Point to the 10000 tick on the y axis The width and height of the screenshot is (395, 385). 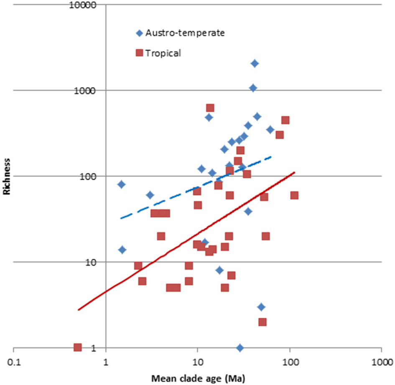pos(86,5)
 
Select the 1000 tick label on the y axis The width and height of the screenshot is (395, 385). pos(88,91)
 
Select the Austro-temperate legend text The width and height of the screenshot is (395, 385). pos(185,33)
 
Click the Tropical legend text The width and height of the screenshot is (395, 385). pos(163,53)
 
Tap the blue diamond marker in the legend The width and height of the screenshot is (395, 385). pos(139,33)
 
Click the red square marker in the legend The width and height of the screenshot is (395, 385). pos(139,53)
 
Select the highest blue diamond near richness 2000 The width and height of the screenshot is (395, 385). pos(255,64)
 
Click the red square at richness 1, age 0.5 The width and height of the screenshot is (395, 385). pos(77,347)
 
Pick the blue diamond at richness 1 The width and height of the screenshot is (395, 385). pos(240,348)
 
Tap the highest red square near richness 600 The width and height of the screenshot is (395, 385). pos(210,108)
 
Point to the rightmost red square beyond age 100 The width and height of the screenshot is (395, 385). pos(294,195)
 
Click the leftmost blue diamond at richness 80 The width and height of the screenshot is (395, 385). pos(122,184)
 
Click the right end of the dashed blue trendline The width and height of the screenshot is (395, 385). pos(272,157)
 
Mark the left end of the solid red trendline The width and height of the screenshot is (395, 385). pos(78,310)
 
